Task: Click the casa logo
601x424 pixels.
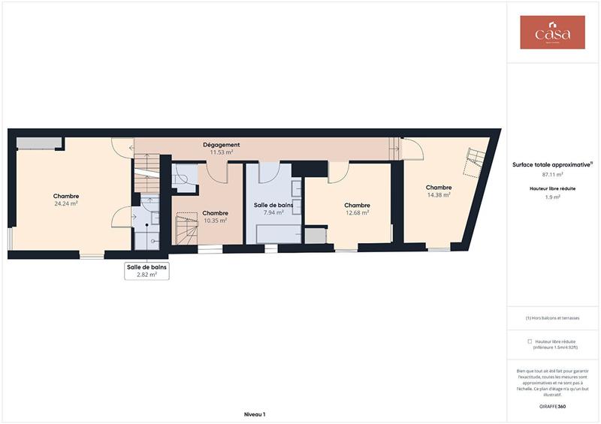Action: coord(552,33)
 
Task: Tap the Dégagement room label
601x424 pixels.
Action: coord(222,145)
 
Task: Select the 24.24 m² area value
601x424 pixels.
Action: coord(66,203)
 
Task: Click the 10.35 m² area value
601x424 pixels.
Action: coord(215,221)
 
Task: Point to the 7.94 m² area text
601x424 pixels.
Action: coord(273,212)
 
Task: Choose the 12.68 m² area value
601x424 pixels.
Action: coord(357,212)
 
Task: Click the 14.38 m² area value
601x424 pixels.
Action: coord(438,195)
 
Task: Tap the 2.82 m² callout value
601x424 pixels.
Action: coord(146,275)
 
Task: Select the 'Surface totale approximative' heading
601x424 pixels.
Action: coord(551,164)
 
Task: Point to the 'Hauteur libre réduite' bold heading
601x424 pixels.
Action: coord(552,188)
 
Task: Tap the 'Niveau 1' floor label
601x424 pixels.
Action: coord(255,413)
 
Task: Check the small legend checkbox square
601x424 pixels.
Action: coord(529,341)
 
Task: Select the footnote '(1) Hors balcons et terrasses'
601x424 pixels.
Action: coord(552,317)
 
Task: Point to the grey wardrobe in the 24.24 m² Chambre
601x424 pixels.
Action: coord(38,143)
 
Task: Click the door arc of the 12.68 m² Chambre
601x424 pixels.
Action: coord(337,173)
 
